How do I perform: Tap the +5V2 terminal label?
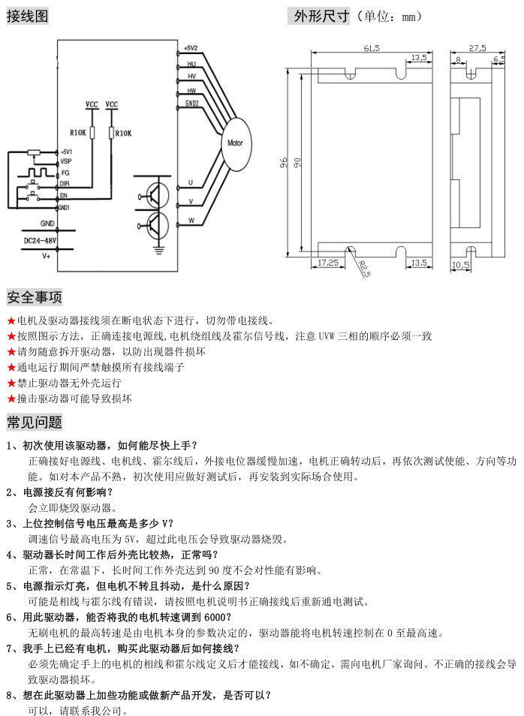(x=189, y=50)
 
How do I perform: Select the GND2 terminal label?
(x=191, y=103)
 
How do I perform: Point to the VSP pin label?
(x=66, y=161)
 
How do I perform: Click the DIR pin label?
(x=65, y=183)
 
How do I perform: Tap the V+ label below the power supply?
(x=46, y=256)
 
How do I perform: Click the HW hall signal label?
(x=191, y=90)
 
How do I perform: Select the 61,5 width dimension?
(x=371, y=48)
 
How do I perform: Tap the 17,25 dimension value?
(x=328, y=263)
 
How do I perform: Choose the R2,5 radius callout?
(x=363, y=267)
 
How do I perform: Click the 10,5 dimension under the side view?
(x=459, y=265)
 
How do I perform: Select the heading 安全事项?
(x=35, y=298)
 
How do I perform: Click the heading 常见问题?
(x=35, y=422)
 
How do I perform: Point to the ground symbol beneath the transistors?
(x=159, y=241)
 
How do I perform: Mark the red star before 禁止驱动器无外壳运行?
(x=11, y=383)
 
